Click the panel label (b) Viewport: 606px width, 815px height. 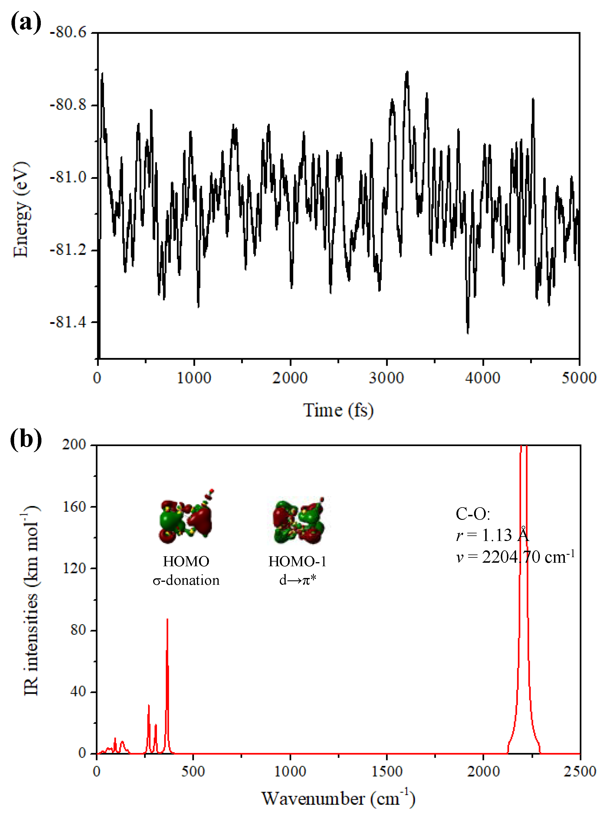(26, 438)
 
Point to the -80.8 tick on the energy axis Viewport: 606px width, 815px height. (68, 105)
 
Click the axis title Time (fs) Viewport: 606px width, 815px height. (338, 410)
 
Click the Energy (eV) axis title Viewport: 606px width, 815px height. (21, 209)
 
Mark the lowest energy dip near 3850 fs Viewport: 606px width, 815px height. (468, 332)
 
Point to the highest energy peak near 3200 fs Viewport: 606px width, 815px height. (407, 73)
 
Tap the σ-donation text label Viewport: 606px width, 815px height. (186, 580)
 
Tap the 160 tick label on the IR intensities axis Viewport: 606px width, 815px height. (73, 507)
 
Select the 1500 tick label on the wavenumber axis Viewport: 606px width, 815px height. (387, 771)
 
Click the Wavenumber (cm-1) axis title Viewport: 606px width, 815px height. (338, 799)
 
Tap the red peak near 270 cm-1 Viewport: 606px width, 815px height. (149, 706)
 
